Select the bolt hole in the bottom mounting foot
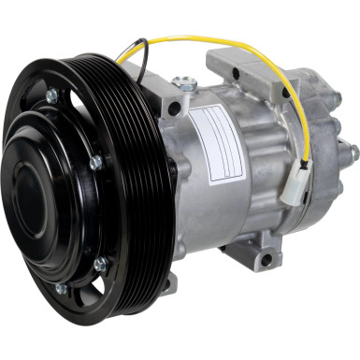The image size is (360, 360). point(266,259)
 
